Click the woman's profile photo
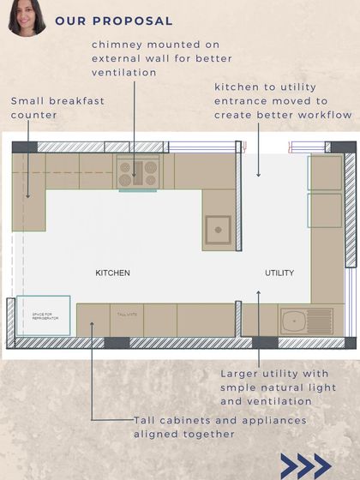pos(27,18)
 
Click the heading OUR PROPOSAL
pos(113,21)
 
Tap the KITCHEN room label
pos(112,273)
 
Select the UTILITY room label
pos(279,273)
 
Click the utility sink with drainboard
pos(305,321)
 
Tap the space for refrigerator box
pos(44,316)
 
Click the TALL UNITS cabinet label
pos(126,315)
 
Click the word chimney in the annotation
pos(118,44)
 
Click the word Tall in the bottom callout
pos(147,421)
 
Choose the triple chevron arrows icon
pos(305,465)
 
